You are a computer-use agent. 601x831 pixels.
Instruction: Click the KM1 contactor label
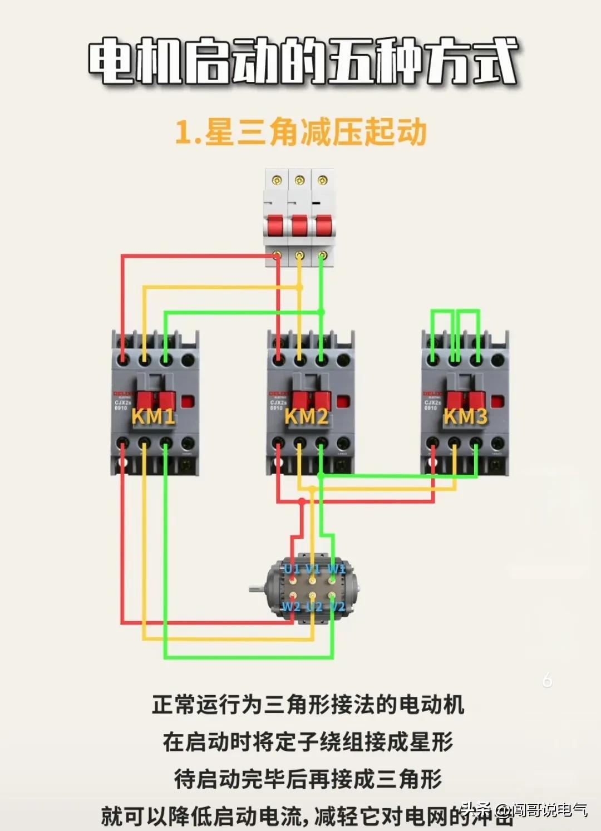coord(153,416)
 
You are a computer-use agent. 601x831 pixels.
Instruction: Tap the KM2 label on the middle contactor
coord(306,416)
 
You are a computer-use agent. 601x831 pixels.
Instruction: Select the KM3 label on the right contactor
coord(465,416)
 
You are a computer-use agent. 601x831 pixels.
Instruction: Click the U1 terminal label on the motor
coord(292,569)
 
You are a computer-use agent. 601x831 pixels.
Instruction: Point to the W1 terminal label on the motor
coord(336,569)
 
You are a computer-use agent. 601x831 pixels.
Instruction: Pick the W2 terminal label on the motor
coord(291,606)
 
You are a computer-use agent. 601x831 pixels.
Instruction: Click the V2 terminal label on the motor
coord(337,606)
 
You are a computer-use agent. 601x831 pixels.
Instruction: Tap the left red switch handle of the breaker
coord(276,226)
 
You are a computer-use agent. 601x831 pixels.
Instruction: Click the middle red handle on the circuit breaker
coord(299,226)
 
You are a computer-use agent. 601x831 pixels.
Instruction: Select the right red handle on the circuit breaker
coord(323,226)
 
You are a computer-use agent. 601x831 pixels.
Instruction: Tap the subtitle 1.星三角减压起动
coord(300,132)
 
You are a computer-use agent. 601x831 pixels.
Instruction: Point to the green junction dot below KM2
coord(321,475)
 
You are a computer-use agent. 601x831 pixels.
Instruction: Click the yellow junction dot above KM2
coord(300,287)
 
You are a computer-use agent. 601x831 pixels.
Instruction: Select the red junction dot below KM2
coord(302,501)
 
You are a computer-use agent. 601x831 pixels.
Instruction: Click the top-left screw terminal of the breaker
coord(277,180)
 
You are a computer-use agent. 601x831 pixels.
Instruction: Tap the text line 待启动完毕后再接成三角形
coord(308,779)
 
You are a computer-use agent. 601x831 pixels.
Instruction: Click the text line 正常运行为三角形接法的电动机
coord(308,704)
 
